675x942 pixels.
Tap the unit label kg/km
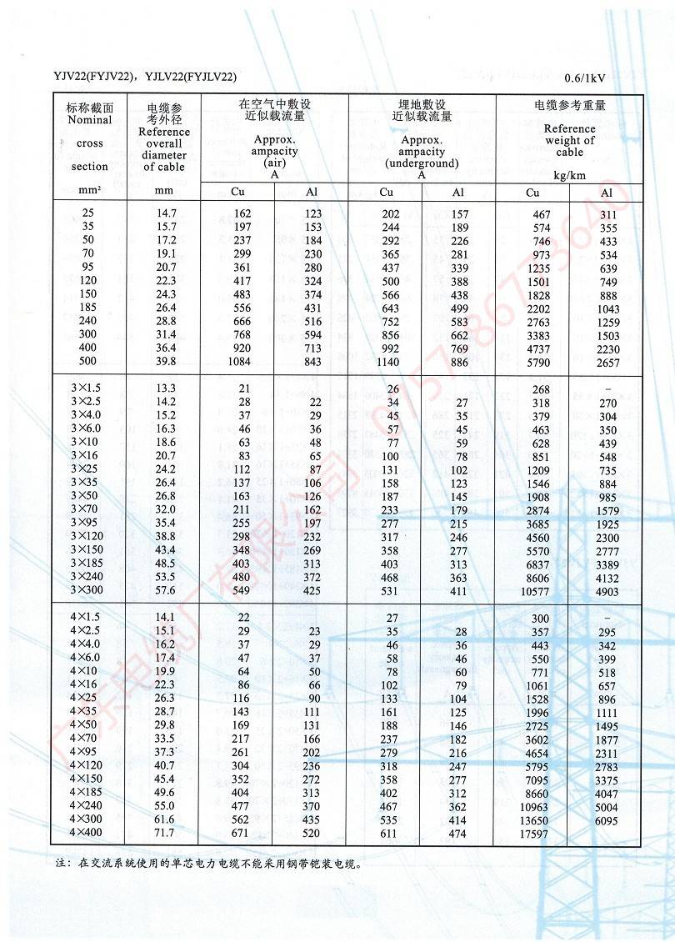[569, 175]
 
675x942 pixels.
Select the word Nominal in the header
[89, 119]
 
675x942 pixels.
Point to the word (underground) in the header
[422, 163]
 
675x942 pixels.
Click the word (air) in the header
[274, 163]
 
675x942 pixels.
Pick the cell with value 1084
[238, 361]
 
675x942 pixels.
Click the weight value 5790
[542, 361]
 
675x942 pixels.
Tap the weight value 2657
[608, 361]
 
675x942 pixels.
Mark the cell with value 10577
[538, 591]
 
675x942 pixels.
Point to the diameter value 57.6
[167, 590]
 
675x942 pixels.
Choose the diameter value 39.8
[167, 361]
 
